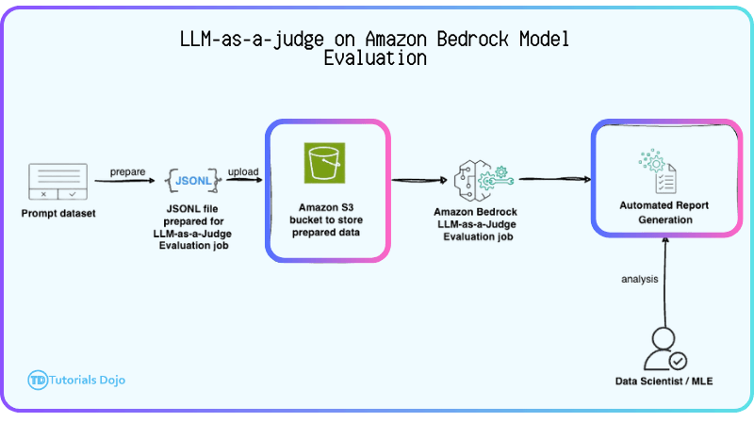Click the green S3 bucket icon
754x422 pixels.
[x=327, y=163]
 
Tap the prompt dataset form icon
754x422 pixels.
[x=58, y=182]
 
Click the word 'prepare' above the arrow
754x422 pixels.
[x=127, y=171]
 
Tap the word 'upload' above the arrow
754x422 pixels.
[x=244, y=171]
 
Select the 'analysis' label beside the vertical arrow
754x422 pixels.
[x=639, y=279]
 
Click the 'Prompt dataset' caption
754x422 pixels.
[x=58, y=213]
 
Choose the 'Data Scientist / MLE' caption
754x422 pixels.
[x=664, y=381]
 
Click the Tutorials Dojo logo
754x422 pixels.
[x=76, y=380]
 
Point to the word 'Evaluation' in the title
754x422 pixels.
[x=375, y=58]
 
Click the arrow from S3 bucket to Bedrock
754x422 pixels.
[x=418, y=179]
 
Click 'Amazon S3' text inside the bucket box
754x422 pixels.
[x=327, y=204]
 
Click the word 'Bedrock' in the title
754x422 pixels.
[x=467, y=40]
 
